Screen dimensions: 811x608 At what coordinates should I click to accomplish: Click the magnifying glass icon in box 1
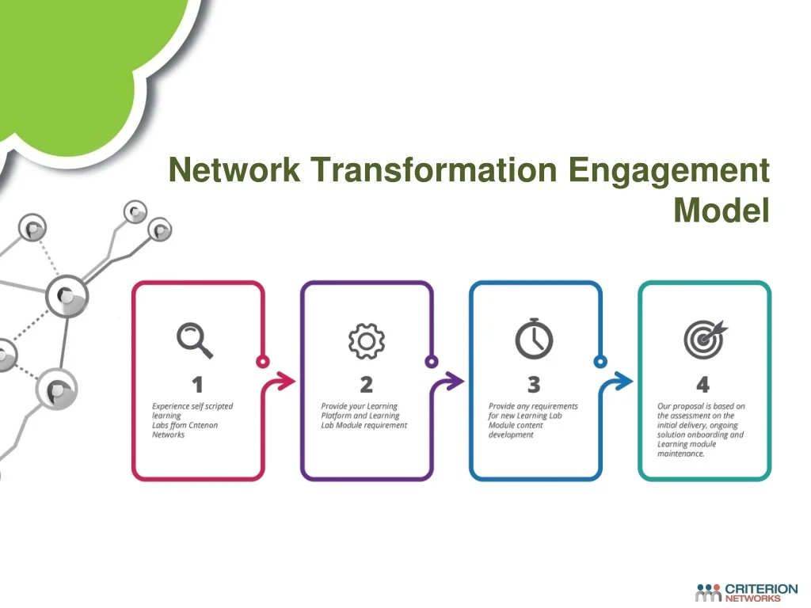(x=195, y=340)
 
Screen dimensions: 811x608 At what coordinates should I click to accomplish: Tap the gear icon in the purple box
(x=366, y=341)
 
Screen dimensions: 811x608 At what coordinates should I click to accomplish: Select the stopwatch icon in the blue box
(x=535, y=339)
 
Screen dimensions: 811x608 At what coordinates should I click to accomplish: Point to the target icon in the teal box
(x=705, y=339)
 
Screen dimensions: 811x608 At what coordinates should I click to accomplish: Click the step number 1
(x=197, y=385)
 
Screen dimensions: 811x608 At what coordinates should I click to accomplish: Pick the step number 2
(x=366, y=385)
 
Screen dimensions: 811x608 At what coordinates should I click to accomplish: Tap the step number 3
(x=534, y=385)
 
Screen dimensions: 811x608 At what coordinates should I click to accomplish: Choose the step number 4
(x=703, y=385)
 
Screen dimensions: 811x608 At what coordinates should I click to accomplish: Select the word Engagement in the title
(x=668, y=172)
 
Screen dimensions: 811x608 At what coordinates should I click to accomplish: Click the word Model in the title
(x=722, y=210)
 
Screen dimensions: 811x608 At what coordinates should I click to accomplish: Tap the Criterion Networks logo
(x=746, y=592)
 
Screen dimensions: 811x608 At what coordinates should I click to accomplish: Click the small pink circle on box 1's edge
(x=263, y=361)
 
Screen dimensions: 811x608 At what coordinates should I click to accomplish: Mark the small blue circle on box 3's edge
(x=600, y=361)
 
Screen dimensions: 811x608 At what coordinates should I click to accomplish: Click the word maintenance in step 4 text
(x=680, y=454)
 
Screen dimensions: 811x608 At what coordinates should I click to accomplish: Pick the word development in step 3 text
(x=511, y=435)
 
